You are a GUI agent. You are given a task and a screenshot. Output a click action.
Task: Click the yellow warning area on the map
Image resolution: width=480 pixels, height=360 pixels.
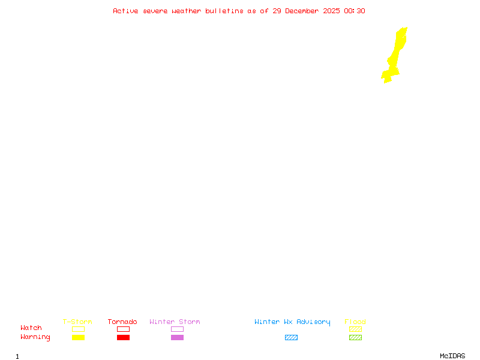pos(395,57)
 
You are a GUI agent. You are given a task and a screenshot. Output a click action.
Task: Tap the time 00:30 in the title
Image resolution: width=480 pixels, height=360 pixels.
pos(355,11)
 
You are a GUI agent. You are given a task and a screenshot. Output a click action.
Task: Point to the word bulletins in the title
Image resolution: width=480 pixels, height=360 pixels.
pos(224,11)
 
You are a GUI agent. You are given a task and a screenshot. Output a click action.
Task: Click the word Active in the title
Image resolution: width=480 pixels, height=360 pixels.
pos(126,11)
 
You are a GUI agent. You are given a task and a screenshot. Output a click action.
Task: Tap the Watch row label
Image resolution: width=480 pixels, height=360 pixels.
pos(31,328)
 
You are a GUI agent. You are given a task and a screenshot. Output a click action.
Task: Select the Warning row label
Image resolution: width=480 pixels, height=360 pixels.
pos(35,337)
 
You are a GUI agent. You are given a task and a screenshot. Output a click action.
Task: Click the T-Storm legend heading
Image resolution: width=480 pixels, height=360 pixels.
pos(77,322)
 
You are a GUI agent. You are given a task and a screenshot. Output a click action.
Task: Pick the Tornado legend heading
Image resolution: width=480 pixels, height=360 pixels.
pos(122,322)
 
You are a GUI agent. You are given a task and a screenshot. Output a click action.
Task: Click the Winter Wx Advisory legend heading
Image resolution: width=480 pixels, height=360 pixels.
pos(292,322)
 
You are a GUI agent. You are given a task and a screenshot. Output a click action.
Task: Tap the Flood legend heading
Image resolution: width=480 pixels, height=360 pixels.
pos(355,322)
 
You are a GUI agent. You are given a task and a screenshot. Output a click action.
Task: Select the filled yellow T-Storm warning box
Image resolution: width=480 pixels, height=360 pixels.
pos(78,337)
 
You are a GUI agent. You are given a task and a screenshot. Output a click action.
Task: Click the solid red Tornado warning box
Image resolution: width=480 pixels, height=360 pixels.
pos(123,337)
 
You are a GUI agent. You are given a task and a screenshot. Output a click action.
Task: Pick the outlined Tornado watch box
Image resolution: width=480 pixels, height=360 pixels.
pos(123,329)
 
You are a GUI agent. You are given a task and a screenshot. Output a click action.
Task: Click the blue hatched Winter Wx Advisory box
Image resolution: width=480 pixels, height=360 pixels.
pos(291,337)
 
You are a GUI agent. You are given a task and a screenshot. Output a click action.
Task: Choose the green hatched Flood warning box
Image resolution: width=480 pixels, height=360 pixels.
pos(355,337)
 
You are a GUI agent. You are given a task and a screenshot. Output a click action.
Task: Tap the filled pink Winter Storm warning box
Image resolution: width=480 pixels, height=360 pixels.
pos(177,337)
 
